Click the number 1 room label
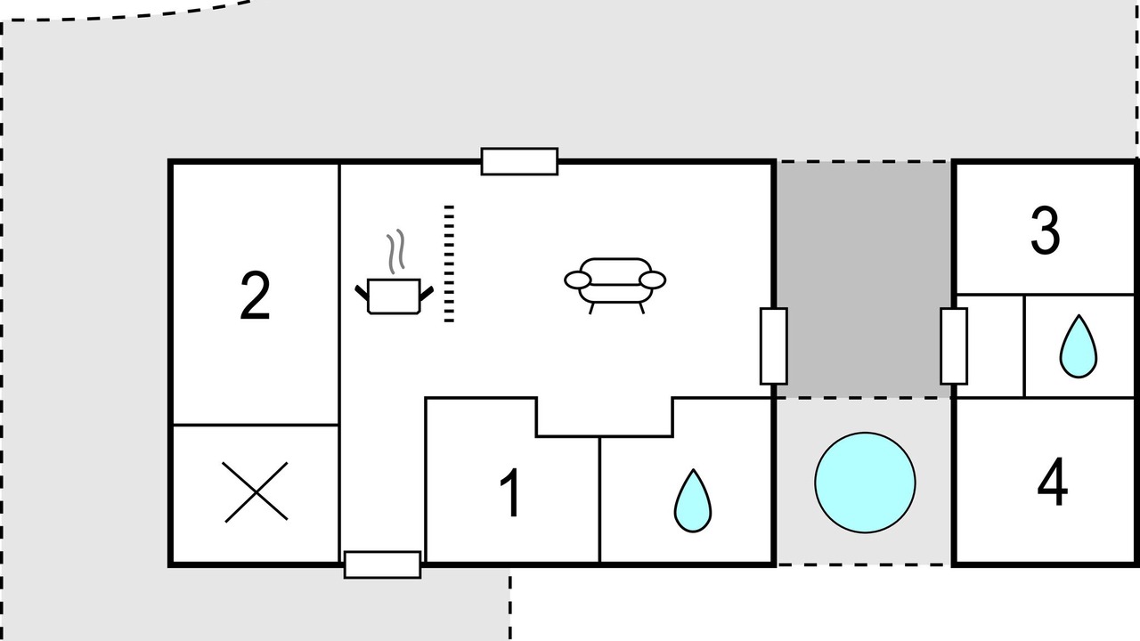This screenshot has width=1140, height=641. (x=510, y=492)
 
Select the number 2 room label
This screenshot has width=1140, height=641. (x=255, y=296)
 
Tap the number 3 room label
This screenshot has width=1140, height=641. (x=1046, y=231)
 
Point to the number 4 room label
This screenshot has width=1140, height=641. (x=1052, y=482)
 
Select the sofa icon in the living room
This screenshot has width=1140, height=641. (x=615, y=286)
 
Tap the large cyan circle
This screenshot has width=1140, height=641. (x=865, y=483)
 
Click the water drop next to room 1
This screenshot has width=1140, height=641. (x=693, y=501)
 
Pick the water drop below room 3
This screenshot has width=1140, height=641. (x=1078, y=346)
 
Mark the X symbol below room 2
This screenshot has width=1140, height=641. (x=256, y=492)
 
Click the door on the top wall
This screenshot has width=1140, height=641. (x=519, y=162)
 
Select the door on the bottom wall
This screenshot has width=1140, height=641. (x=382, y=564)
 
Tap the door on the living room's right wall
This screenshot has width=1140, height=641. (x=774, y=346)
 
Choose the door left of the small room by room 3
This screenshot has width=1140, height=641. (x=954, y=346)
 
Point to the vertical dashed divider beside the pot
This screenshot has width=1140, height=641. (x=449, y=264)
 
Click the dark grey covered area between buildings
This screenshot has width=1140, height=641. (x=864, y=280)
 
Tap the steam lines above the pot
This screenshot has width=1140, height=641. (x=395, y=251)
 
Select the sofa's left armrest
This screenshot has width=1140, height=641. (x=578, y=280)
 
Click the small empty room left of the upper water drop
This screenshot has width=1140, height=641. (x=991, y=346)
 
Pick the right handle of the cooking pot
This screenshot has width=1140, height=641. (x=427, y=294)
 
